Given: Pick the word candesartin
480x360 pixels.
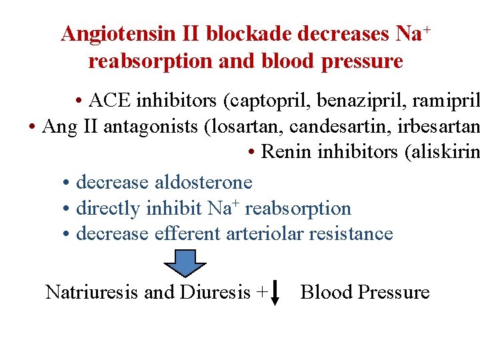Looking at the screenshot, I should pos(320,127).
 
